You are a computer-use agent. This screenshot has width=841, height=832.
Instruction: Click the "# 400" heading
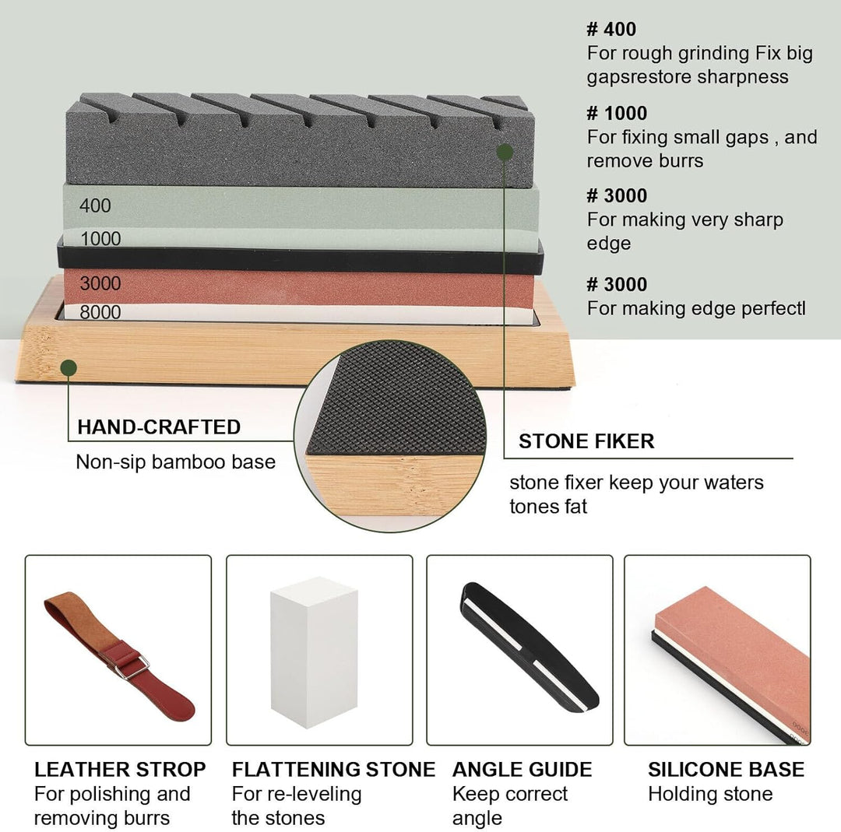coord(611,29)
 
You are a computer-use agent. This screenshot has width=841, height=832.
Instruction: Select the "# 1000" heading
coord(617,113)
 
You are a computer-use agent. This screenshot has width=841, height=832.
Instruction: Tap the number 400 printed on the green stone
coord(96,205)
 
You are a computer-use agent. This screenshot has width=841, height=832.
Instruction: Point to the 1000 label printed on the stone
coord(100,239)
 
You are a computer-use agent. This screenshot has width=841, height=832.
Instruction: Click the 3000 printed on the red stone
coord(100,283)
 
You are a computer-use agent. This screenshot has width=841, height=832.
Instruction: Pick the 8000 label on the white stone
coord(100,312)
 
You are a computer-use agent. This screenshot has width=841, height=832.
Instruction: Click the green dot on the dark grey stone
coord(504,153)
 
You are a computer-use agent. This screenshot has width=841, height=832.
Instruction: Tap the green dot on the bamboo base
coord(69,368)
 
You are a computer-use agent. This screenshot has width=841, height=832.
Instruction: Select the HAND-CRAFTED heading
coord(159,427)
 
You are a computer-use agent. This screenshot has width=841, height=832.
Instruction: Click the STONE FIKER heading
coord(586,441)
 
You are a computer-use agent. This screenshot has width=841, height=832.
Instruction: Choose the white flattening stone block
coord(314,652)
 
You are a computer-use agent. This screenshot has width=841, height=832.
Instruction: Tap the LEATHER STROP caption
coord(120,769)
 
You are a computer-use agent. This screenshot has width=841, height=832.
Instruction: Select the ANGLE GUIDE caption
coord(522,769)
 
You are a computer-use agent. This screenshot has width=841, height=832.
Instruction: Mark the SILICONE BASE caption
coord(727,769)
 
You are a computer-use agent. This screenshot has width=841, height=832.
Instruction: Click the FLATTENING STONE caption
coord(333,769)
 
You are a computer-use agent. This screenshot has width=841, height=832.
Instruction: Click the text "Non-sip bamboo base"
coord(176,462)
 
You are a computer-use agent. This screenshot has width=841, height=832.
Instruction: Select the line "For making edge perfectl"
coord(696,308)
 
